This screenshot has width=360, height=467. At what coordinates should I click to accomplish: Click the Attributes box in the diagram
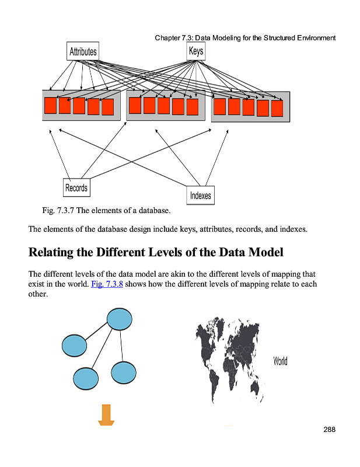pos(83,51)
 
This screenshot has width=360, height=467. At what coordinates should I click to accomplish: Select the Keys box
pos(196,51)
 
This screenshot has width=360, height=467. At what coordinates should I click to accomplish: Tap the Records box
pos(76,187)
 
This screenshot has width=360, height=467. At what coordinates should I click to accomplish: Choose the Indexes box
pos(200,196)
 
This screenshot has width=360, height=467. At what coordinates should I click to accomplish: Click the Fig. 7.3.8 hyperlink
pos(107,284)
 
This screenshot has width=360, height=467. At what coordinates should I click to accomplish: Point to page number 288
pos(329,430)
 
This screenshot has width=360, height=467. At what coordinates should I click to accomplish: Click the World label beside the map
pos(280,361)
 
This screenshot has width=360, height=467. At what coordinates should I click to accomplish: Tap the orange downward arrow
pos(106,415)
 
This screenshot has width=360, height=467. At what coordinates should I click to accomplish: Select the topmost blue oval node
pos(120,319)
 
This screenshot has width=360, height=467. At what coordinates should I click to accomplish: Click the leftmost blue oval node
pos(75,346)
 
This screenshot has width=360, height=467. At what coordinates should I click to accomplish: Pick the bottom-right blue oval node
pos(124,372)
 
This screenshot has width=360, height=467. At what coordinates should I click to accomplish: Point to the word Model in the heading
pos(266,252)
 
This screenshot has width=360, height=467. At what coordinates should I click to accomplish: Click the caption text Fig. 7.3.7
pos(58,211)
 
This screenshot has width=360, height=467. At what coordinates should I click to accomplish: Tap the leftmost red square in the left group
pos(50,106)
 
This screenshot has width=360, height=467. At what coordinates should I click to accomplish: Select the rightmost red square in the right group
pos(277,109)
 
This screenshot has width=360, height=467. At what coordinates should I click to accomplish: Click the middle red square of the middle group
pos(164,106)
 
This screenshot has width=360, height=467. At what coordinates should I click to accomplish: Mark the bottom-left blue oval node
pos(86,379)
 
